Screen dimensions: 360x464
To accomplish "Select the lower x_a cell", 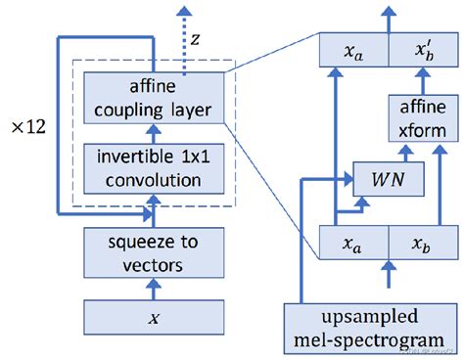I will point(354,243).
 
